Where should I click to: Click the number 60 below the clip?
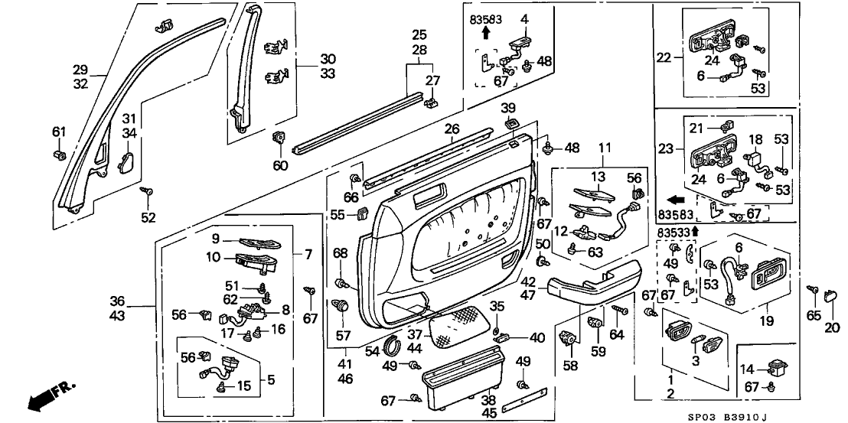point(281,164)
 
